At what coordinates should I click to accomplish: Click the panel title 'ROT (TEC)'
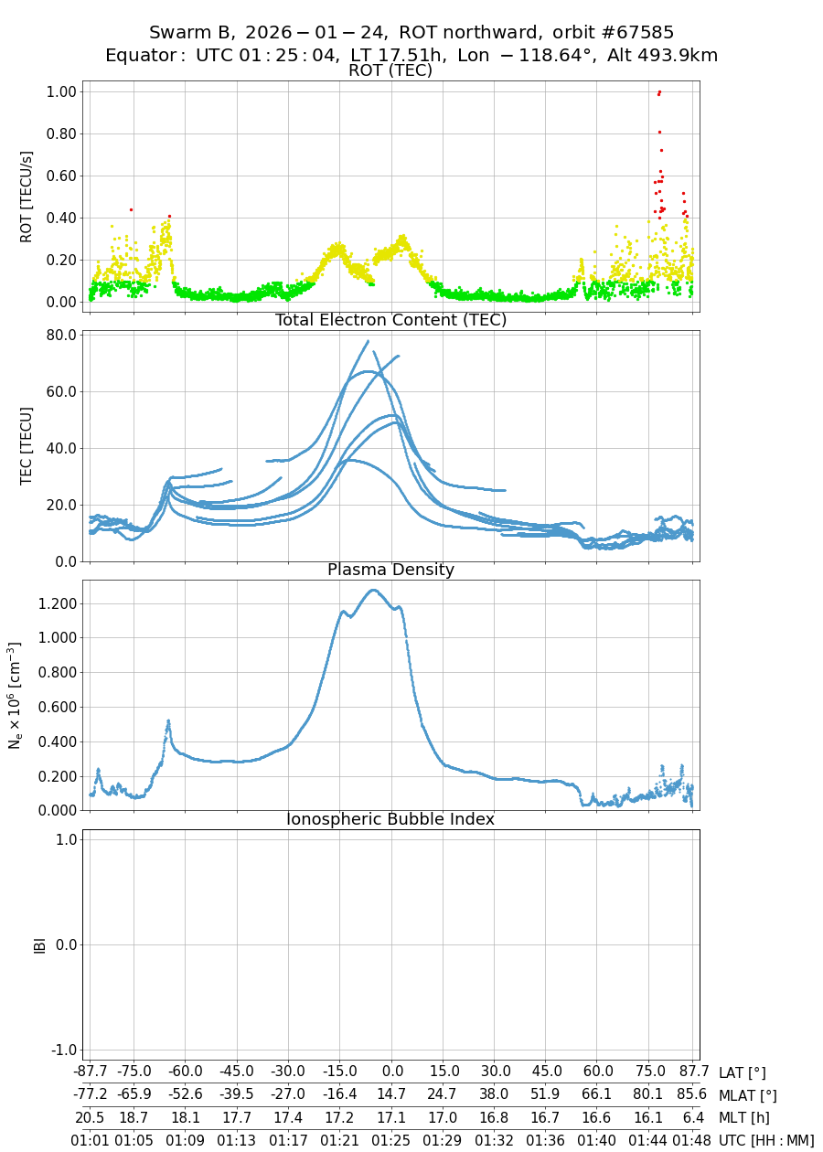(390, 70)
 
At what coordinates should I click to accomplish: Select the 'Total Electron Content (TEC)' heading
(390, 320)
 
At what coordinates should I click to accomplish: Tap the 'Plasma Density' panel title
(390, 570)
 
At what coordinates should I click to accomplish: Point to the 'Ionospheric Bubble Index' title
(390, 819)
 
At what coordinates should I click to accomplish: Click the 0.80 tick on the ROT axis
(60, 133)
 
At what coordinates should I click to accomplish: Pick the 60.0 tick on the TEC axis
(60, 391)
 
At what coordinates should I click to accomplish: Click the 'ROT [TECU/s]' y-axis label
(27, 197)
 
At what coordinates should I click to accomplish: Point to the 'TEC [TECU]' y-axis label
(27, 446)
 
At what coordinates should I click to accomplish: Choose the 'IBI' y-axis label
(39, 944)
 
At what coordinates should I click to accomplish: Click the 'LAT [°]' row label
(742, 1072)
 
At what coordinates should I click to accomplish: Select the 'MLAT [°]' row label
(748, 1095)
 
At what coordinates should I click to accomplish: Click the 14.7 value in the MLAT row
(392, 1095)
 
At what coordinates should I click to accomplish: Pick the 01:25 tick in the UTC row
(392, 1140)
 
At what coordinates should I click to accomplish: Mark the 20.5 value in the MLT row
(90, 1117)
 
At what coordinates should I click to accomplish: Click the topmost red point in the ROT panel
(659, 91)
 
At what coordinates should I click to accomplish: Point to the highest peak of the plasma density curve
(372, 590)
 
